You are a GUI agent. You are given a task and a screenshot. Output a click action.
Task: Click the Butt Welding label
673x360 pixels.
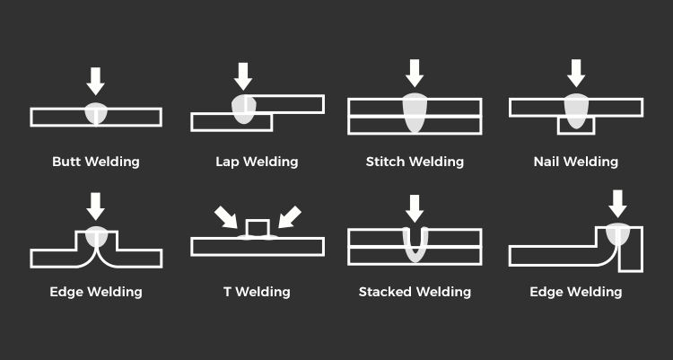(96, 162)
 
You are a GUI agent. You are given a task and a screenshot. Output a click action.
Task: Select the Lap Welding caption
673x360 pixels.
(257, 162)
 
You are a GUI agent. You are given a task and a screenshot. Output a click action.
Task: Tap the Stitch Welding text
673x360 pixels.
(415, 162)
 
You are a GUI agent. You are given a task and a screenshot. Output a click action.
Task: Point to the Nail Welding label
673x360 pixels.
(575, 162)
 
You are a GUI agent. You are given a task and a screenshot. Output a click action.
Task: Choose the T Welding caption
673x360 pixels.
(257, 292)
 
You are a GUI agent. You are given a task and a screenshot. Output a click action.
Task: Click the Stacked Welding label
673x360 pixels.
(415, 292)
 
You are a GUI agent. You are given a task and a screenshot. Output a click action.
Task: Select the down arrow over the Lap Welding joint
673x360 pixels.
(243, 75)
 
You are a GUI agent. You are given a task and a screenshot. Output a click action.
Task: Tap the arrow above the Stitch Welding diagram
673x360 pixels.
(415, 73)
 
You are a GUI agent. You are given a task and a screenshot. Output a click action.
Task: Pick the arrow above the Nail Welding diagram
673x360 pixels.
(576, 73)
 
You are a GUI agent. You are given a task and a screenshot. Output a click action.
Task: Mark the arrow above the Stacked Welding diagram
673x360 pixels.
(415, 208)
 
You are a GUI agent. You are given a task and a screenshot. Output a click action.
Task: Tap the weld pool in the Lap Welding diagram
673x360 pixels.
(243, 108)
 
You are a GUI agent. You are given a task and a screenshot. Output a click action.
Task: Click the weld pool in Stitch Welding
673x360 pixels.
(415, 111)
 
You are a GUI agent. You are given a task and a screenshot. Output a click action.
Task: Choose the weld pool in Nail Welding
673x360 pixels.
(576, 110)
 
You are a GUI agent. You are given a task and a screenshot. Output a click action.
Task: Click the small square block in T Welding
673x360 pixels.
(257, 229)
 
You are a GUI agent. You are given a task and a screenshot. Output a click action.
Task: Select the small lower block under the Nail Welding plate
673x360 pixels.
(576, 127)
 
